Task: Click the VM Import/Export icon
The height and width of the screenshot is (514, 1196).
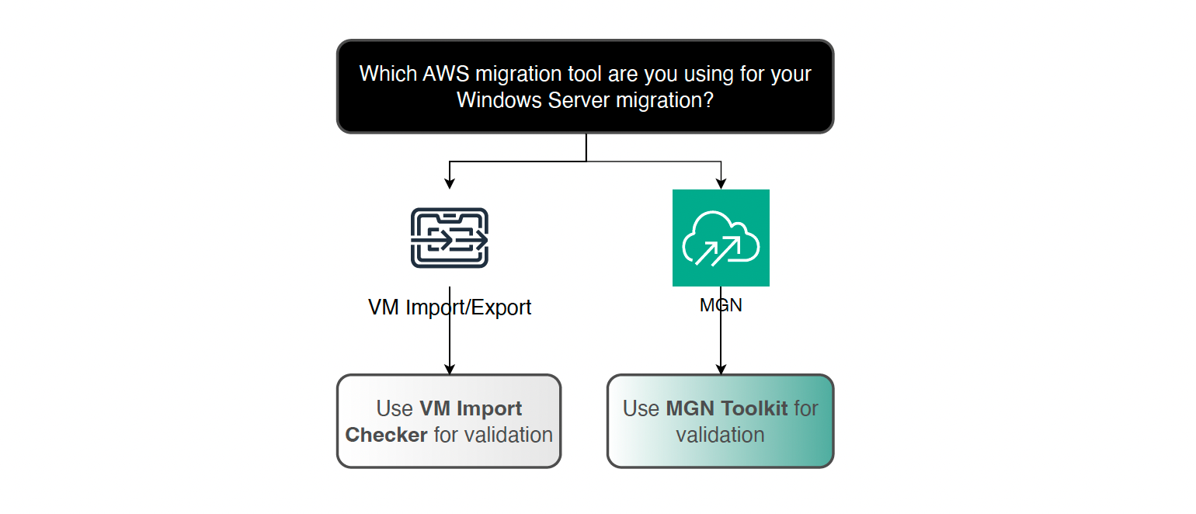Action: (x=450, y=238)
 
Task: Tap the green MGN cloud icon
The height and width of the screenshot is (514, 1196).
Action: (x=721, y=238)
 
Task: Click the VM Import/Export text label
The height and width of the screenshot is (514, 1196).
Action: (x=450, y=307)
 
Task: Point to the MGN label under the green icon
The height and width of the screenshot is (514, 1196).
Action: (x=721, y=305)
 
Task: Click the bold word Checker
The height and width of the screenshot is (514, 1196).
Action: (x=386, y=435)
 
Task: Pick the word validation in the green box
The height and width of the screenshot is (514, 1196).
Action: (x=720, y=435)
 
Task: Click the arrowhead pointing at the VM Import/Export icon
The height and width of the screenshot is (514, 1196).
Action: (x=450, y=184)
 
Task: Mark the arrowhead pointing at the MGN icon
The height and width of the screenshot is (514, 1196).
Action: (x=721, y=184)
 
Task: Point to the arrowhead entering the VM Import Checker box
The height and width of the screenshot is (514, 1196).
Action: (x=450, y=369)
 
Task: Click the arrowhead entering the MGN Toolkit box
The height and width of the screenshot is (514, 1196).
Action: (x=721, y=369)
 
